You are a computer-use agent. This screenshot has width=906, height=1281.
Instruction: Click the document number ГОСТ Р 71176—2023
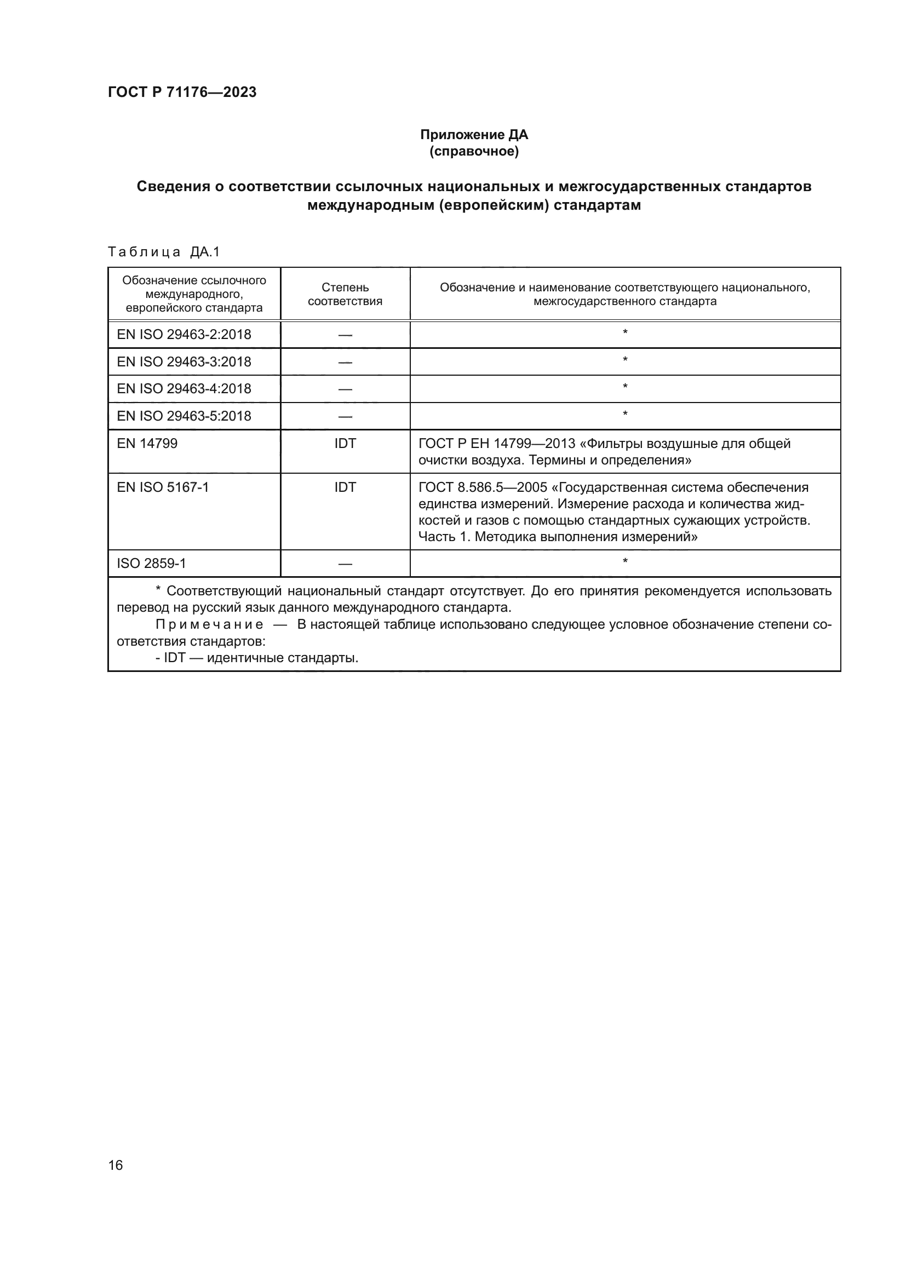point(182,92)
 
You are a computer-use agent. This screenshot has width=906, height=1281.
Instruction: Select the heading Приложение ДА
point(474,135)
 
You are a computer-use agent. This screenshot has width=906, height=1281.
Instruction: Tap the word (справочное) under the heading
point(474,151)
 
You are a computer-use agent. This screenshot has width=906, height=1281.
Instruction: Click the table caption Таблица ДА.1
point(164,252)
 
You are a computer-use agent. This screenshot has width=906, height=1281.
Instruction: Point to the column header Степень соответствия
point(345,295)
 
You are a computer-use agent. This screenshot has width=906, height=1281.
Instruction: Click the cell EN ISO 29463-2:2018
point(184,335)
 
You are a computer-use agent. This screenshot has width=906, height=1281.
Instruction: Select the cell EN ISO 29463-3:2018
point(184,362)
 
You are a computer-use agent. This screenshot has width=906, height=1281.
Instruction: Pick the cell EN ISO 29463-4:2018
point(184,389)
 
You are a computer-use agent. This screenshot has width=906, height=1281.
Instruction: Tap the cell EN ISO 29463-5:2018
point(184,416)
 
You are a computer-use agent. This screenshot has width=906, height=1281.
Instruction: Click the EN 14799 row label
point(147,444)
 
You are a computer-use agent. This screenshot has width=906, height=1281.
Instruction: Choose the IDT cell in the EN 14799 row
point(345,444)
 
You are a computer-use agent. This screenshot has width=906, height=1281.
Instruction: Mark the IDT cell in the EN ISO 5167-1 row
point(345,487)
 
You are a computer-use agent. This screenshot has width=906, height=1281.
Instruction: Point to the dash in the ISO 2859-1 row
point(345,564)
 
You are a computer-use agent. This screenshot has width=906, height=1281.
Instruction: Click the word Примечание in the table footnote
point(209,624)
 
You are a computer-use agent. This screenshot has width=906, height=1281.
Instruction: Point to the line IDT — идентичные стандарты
point(257,658)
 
